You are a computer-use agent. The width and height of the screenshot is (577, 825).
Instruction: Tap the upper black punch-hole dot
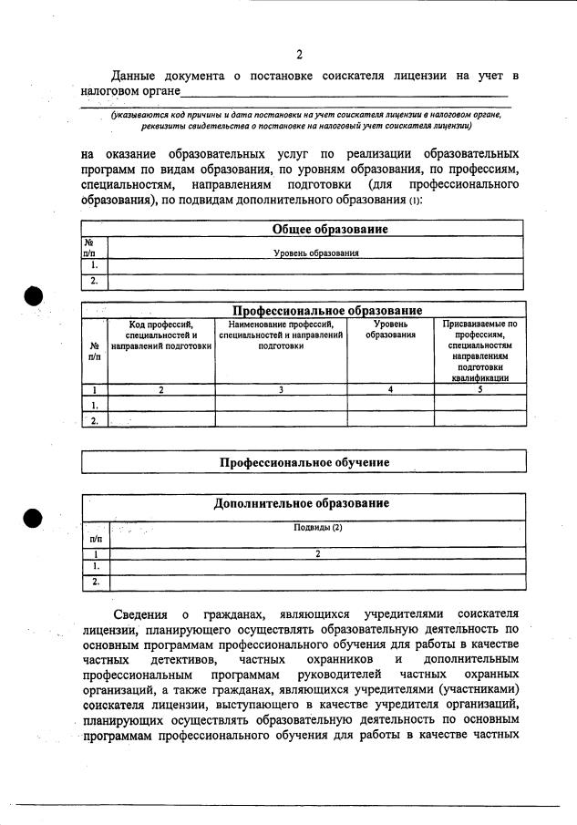[34, 297]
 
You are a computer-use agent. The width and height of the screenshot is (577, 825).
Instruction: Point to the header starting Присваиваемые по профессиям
[479, 350]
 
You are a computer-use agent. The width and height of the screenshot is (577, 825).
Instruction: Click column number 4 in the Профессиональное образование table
[390, 389]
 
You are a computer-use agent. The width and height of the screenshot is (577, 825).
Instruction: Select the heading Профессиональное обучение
[304, 462]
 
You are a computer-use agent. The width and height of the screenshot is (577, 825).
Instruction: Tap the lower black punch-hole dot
[34, 518]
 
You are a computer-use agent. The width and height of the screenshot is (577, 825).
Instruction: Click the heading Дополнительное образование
[302, 503]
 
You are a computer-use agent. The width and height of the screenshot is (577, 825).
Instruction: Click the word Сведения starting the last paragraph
[140, 613]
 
